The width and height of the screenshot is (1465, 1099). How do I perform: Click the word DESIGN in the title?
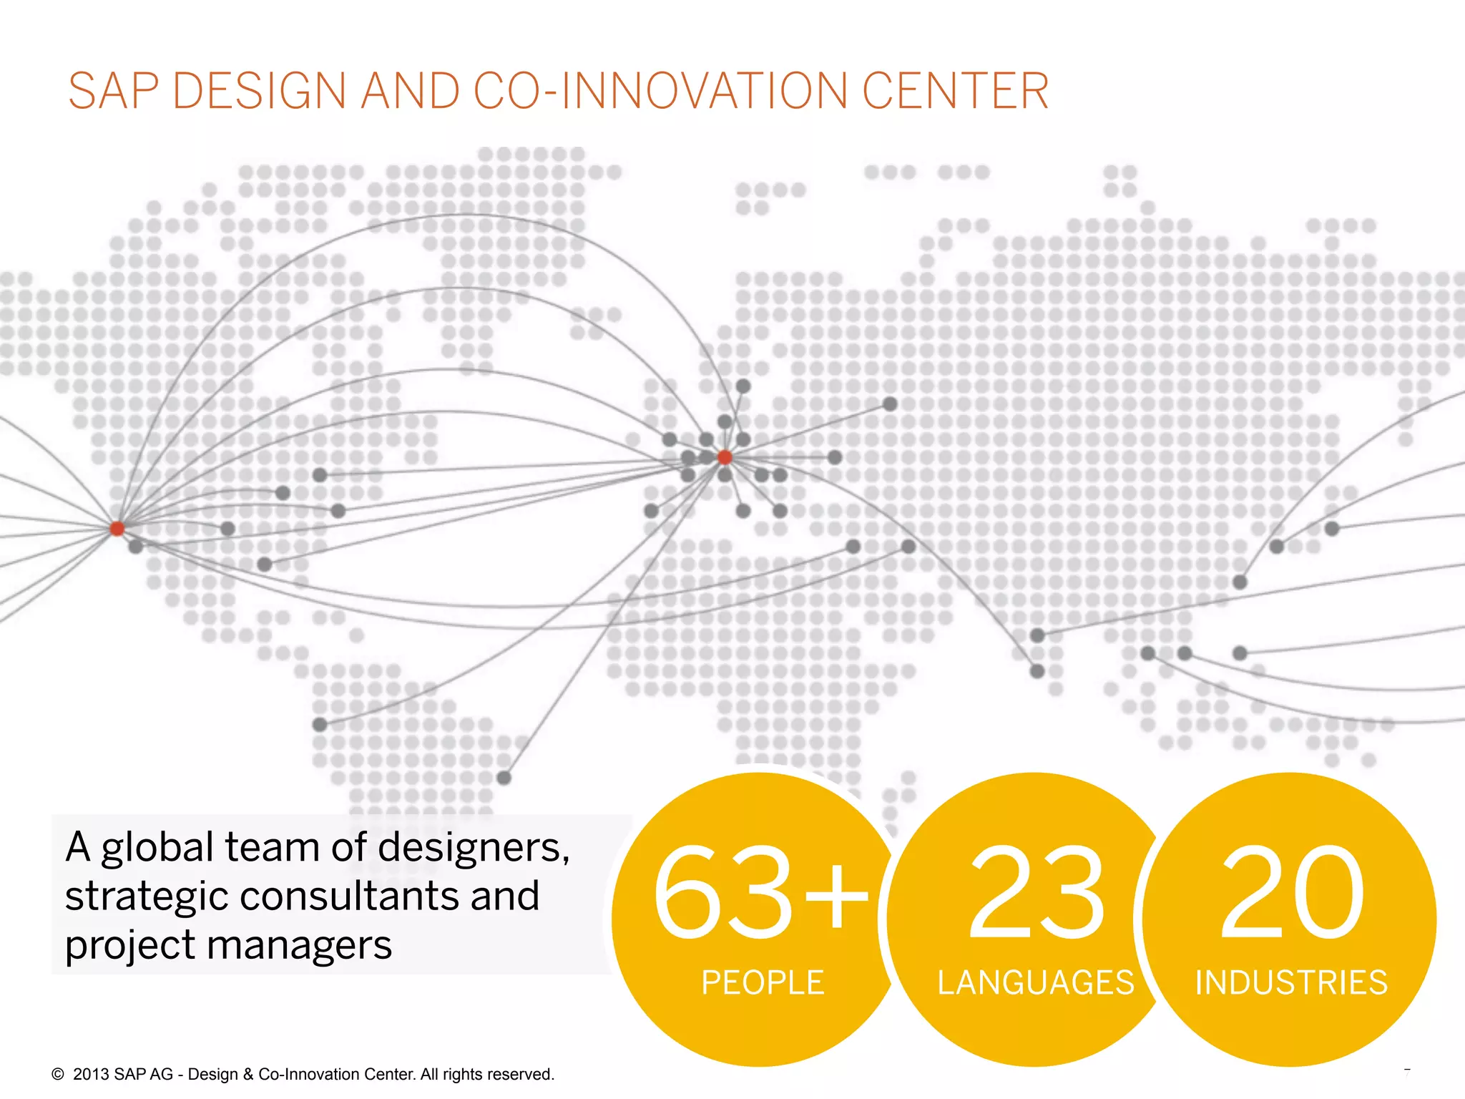tap(260, 92)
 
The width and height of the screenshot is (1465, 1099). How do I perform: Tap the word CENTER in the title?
tap(955, 92)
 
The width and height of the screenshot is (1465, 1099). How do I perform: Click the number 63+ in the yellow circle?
tap(760, 892)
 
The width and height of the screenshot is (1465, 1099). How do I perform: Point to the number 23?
tap(1036, 892)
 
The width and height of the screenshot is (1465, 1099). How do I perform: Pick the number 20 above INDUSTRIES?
tap(1292, 892)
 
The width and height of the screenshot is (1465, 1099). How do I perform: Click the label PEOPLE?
tap(763, 982)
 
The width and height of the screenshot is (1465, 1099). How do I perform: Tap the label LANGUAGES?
tap(1036, 982)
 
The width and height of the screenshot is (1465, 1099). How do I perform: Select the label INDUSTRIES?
tap(1291, 982)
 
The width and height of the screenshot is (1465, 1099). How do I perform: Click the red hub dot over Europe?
tap(725, 457)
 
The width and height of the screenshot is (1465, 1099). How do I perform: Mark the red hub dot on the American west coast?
tap(117, 529)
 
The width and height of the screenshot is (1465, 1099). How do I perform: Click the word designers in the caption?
tap(473, 849)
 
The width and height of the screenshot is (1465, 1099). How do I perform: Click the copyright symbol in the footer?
tap(58, 1074)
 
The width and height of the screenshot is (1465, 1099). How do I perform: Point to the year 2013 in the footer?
tap(91, 1074)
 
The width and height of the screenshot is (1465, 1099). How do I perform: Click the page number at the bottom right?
tap(1406, 1073)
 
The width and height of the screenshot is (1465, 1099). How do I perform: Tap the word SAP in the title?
tap(113, 92)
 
